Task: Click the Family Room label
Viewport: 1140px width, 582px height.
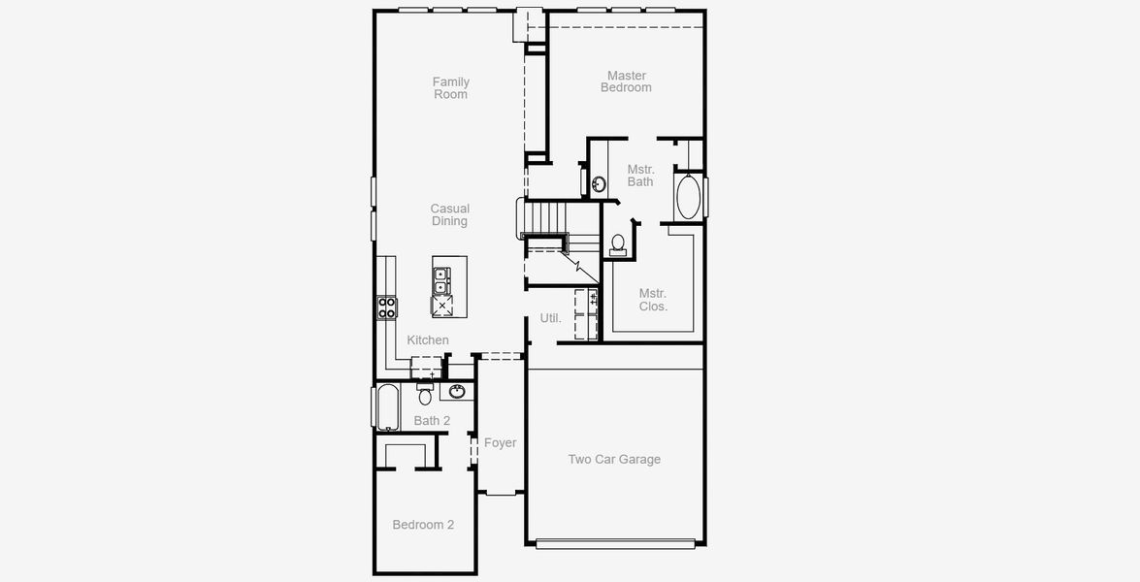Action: [450, 88]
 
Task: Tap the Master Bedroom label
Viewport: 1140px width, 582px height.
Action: [626, 81]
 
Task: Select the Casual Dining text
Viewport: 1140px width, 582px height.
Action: [449, 215]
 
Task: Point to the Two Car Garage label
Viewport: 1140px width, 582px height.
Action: [614, 460]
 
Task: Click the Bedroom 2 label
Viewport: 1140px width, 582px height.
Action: [423, 525]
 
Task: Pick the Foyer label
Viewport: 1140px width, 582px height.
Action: [500, 443]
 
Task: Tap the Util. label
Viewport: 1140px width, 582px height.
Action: [550, 318]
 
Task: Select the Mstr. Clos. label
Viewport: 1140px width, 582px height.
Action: [653, 300]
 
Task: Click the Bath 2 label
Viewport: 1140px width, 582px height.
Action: [432, 421]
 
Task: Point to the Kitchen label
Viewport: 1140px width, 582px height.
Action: [428, 340]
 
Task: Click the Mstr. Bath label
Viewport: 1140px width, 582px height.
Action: [640, 176]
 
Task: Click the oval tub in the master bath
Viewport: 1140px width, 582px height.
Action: [688, 197]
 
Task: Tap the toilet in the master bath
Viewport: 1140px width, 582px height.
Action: [618, 244]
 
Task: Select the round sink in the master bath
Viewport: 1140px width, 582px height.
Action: [599, 183]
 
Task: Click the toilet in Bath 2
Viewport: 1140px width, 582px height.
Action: [424, 395]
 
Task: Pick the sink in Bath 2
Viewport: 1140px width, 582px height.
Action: [456, 392]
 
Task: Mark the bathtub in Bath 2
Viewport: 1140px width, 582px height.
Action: [387, 407]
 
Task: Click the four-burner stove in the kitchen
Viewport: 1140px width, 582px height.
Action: [387, 307]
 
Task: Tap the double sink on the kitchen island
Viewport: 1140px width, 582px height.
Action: [440, 280]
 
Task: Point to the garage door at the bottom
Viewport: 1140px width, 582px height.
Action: [615, 544]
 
